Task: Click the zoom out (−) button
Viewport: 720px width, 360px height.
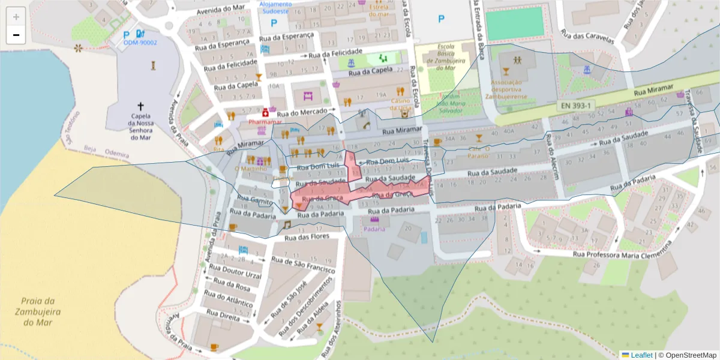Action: (16, 35)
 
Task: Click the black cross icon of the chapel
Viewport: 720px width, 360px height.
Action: (141, 105)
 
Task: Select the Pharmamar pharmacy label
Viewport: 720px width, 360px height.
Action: (265, 122)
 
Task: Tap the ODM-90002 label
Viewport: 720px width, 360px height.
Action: (140, 43)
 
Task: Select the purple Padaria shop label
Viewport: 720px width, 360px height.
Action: (374, 229)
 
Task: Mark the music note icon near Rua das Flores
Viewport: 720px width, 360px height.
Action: (287, 224)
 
